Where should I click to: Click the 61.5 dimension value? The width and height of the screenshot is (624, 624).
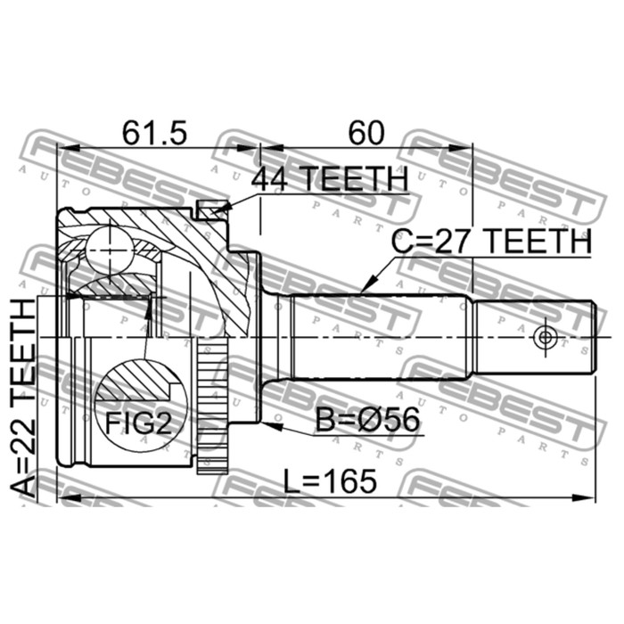click(x=154, y=133)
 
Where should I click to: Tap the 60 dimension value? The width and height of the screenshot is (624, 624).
click(x=366, y=133)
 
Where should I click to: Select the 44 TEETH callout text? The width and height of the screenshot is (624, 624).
click(x=330, y=178)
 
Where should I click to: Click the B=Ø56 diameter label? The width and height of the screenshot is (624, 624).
click(x=367, y=420)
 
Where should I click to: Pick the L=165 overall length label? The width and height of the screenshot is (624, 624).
click(x=330, y=480)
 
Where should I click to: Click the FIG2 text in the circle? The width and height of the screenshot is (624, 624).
click(x=138, y=423)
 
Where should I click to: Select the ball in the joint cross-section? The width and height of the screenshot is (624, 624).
click(x=109, y=250)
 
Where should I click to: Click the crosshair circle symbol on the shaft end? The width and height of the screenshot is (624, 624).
click(x=545, y=338)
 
